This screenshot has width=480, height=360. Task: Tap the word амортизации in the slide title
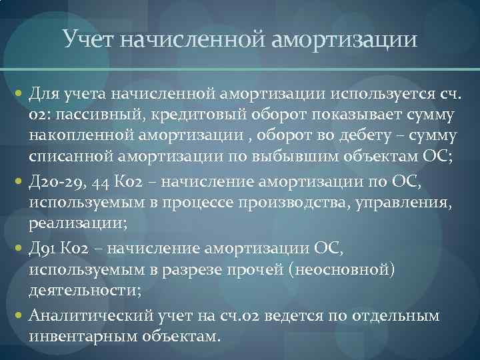345,39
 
